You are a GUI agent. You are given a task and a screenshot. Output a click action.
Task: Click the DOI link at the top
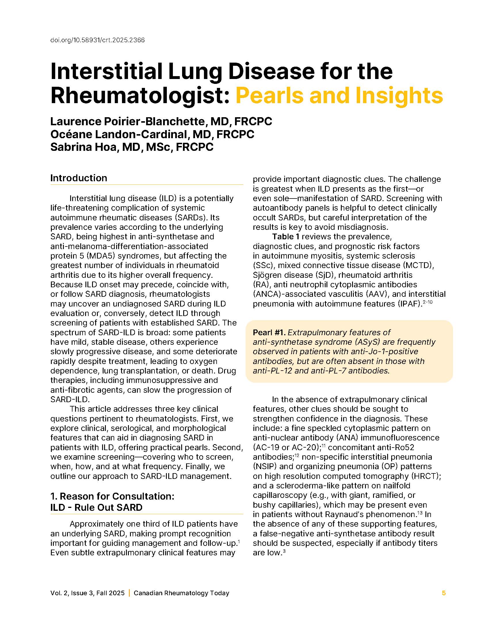(x=97, y=40)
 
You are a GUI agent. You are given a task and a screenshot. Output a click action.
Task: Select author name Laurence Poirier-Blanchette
(x=127, y=122)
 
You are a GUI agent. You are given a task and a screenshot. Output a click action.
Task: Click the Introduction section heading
(x=79, y=178)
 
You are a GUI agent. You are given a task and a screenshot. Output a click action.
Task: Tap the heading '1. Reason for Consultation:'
(x=112, y=496)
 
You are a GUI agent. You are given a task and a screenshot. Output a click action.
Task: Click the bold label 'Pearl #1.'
(x=269, y=332)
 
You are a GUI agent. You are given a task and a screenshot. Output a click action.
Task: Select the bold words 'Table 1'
(x=286, y=237)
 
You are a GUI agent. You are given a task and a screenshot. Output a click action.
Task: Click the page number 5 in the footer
(x=444, y=593)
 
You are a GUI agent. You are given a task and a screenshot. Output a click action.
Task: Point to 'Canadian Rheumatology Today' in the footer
(x=181, y=593)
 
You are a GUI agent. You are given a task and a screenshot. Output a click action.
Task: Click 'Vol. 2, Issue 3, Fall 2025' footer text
(x=87, y=593)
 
